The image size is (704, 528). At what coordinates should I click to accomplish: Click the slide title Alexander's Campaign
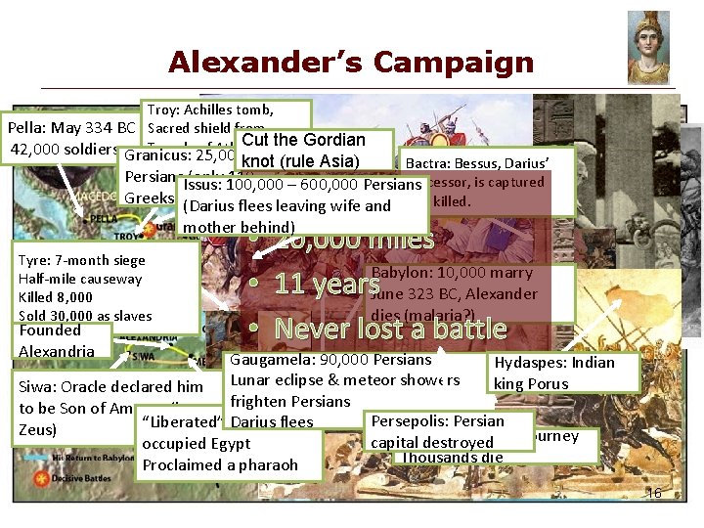point(351,63)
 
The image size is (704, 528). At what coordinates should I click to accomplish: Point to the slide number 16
point(654,493)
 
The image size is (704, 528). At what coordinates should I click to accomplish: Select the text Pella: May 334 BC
point(70,128)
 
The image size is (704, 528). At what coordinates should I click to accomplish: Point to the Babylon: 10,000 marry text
point(451,273)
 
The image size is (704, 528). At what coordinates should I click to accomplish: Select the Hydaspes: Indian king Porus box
point(562,373)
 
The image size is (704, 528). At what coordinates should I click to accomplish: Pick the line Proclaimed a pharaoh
point(220,464)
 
